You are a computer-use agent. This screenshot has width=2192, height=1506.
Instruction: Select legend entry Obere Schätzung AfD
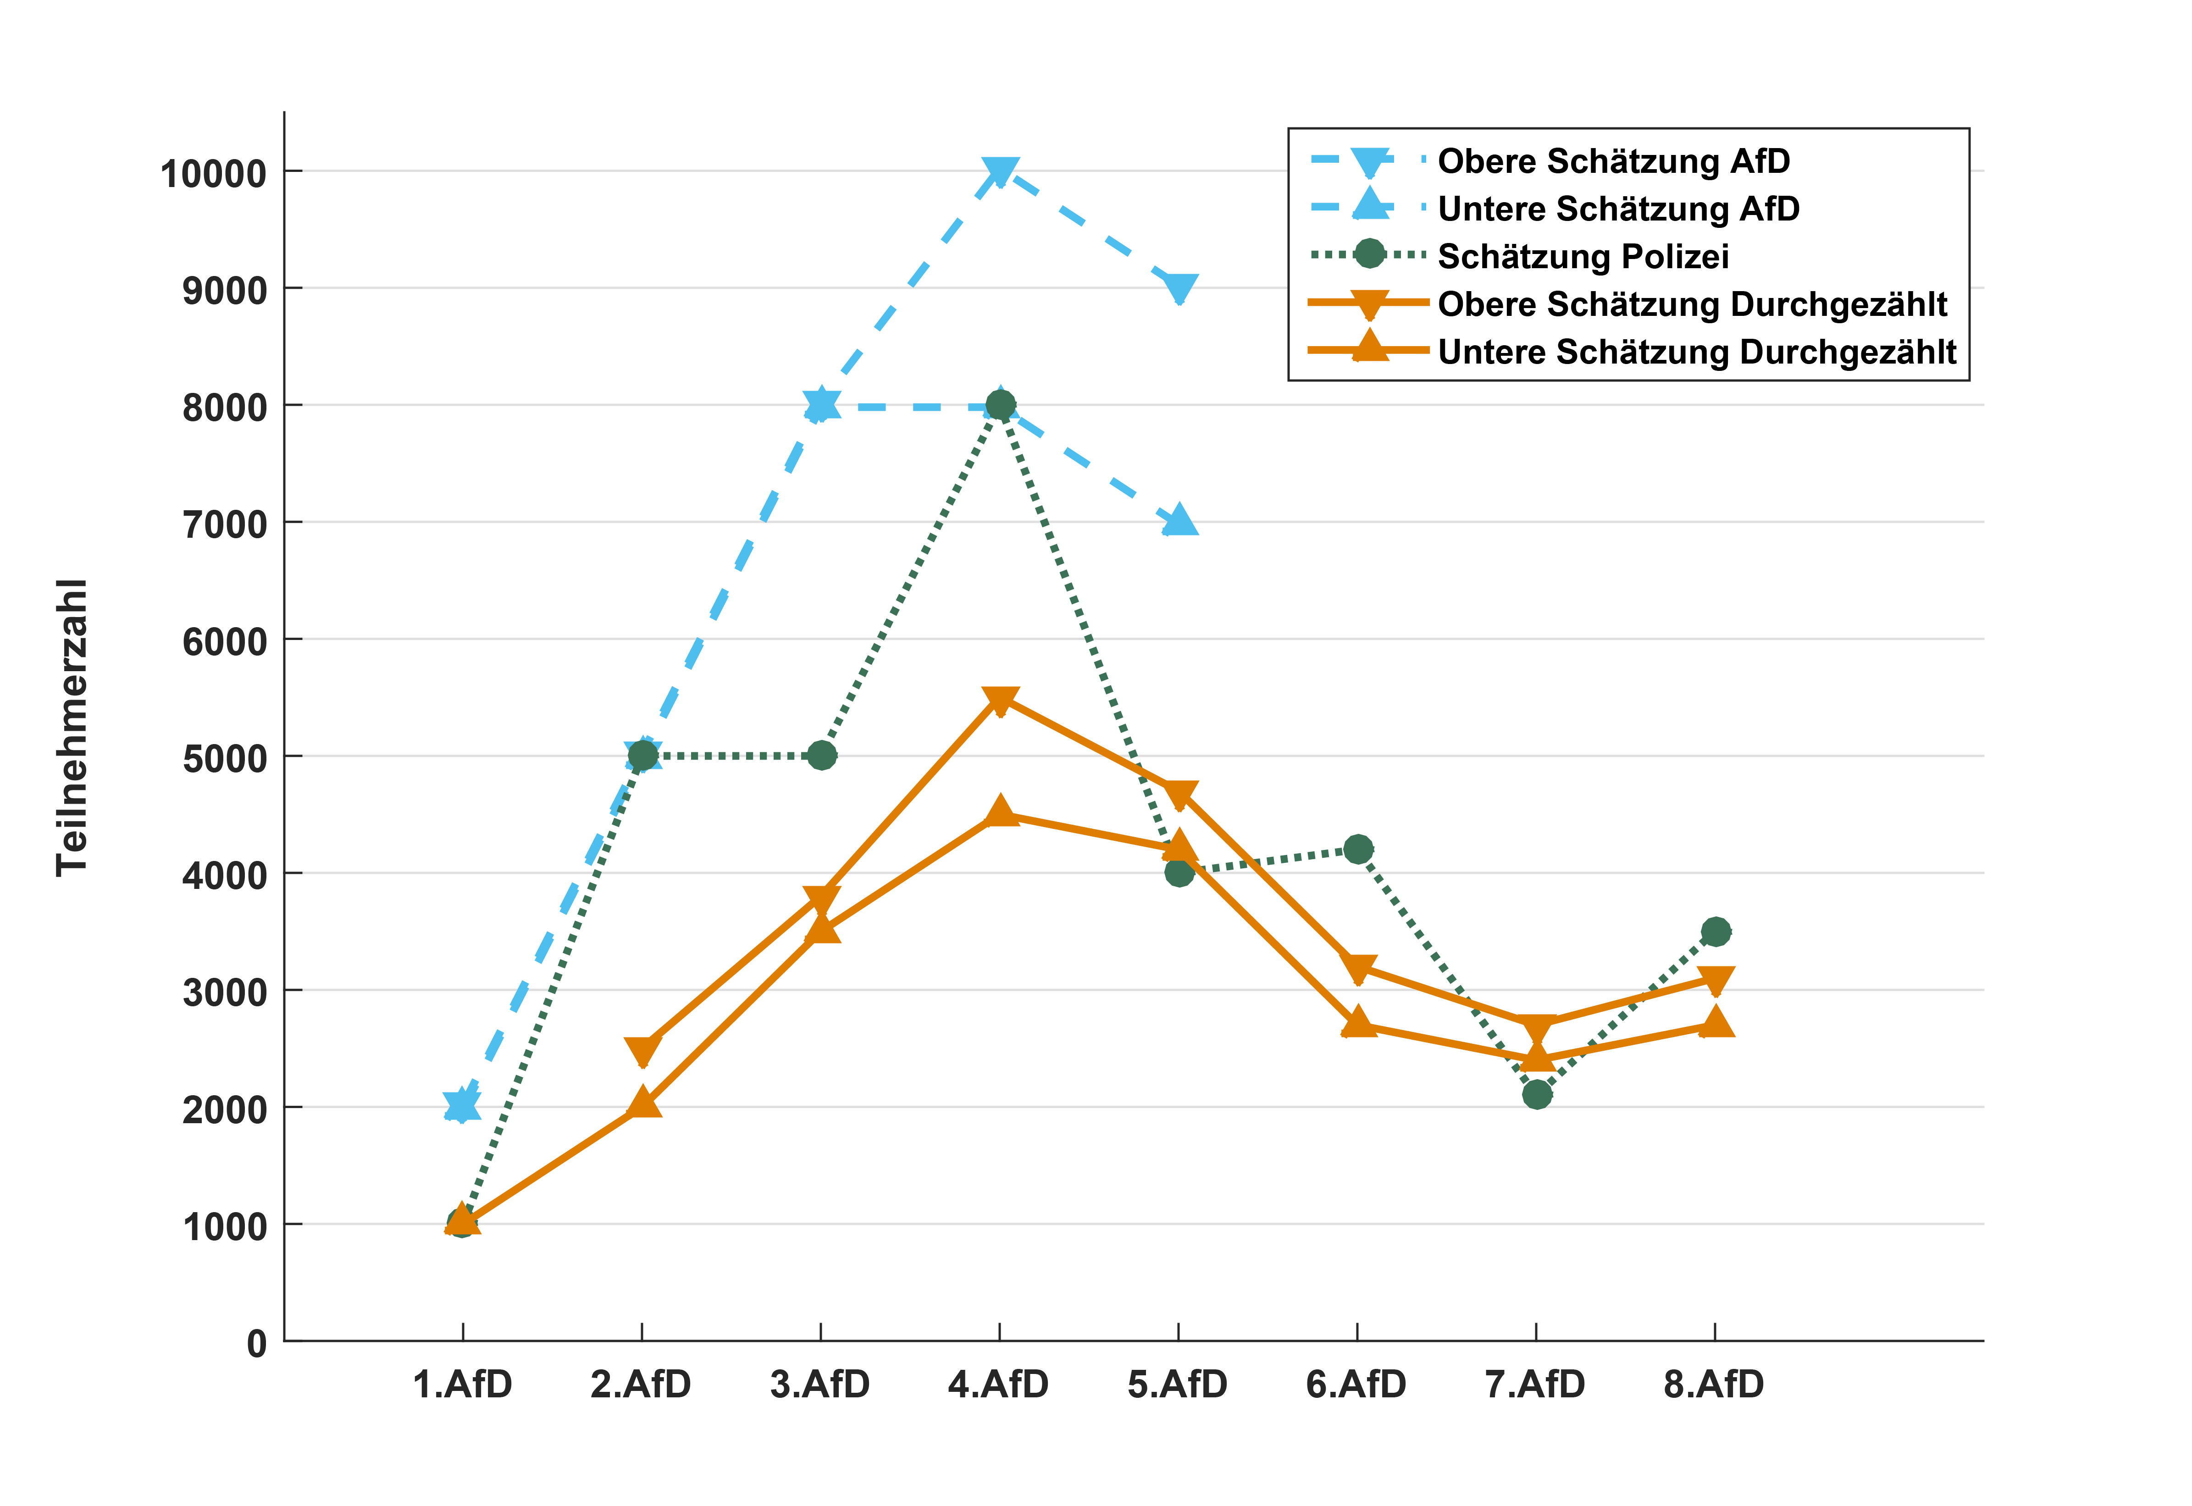click(x=1613, y=161)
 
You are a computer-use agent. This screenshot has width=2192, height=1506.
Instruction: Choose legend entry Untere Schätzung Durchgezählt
click(x=1696, y=352)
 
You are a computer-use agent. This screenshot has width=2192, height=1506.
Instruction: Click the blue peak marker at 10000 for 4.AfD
click(x=999, y=172)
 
